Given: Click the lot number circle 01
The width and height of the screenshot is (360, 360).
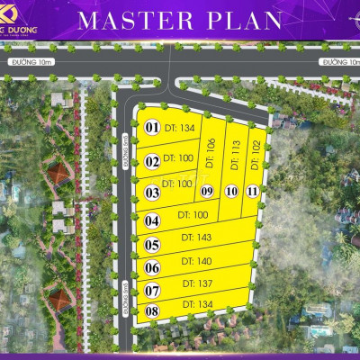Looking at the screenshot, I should (152, 128).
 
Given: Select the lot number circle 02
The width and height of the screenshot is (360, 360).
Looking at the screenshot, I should (152, 162).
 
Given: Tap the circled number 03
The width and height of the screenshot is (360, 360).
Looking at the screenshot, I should (152, 192).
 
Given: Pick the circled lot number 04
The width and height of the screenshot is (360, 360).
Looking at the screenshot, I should (152, 220).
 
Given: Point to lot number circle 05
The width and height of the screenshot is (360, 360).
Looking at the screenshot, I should (152, 244).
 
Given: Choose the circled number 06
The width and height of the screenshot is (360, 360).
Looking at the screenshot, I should (152, 267).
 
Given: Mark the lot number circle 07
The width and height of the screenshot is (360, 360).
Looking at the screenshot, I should (152, 291).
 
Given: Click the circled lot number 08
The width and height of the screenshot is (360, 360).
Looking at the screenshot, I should (152, 311).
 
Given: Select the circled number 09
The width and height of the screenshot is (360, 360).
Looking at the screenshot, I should (207, 191).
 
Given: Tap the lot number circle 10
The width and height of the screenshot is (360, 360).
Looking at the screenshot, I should (231, 191).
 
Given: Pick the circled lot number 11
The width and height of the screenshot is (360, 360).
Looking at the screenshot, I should (253, 191).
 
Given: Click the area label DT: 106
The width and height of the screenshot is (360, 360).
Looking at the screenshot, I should (211, 154).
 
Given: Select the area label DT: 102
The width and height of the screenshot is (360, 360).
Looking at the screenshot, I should (256, 154).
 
